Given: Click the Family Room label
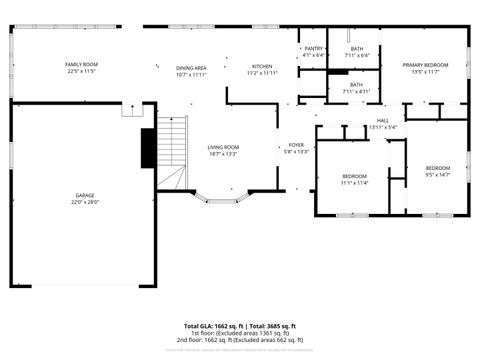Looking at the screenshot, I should tap(82, 63).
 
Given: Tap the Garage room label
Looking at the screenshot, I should tap(85, 195).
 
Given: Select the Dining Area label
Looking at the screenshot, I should tap(191, 66).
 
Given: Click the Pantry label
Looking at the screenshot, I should tap(313, 48).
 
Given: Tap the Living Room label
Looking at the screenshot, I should tap(222, 147).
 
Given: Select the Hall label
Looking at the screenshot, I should tap(382, 120).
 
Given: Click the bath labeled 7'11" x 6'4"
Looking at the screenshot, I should tap(356, 48).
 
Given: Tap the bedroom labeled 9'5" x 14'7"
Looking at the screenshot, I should tap(437, 168).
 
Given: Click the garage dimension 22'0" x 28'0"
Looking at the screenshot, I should tap(85, 202).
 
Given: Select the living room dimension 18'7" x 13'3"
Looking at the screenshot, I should tap(222, 154).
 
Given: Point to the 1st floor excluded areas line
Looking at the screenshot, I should tap(240, 333).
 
